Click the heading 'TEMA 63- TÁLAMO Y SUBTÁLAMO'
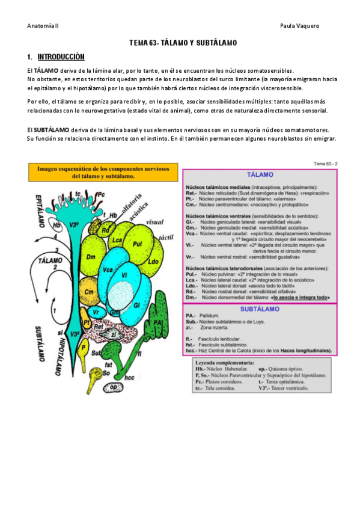coord(183,43)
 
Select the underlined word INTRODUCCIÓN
coord(61,57)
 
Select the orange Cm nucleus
coord(88,292)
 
